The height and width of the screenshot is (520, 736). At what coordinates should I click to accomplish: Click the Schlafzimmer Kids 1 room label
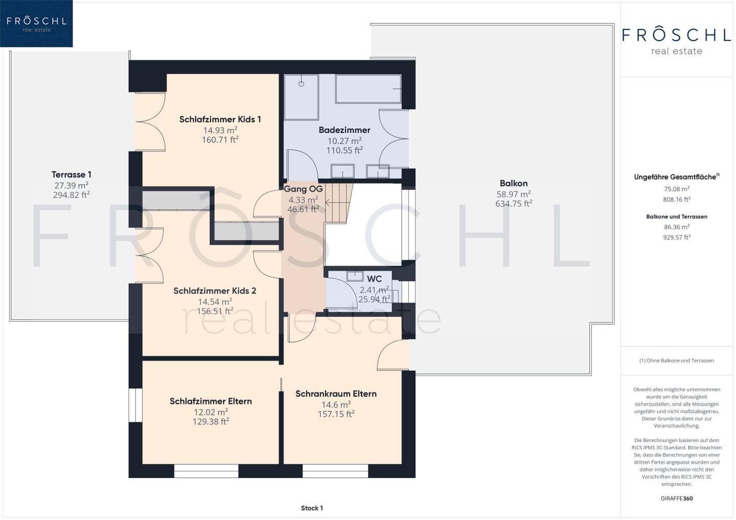pos(220,119)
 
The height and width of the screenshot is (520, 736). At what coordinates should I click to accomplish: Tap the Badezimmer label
pos(344,130)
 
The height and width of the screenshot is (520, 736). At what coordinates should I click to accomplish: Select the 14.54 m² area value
pos(215,301)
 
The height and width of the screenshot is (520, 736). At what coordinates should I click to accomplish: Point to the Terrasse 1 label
pos(72,175)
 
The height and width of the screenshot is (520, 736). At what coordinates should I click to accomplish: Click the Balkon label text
pos(514,183)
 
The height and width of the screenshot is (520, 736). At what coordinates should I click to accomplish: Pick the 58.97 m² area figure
pos(514,194)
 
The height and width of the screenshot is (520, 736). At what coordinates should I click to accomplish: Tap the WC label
pos(374,279)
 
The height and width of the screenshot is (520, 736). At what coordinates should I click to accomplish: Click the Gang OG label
pos(303,189)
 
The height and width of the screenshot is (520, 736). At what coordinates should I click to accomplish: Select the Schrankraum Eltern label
pos(336,394)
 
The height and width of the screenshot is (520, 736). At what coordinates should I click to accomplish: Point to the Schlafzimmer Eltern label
pos(211,401)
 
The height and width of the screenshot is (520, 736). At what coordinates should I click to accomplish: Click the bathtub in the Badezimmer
pos(369,89)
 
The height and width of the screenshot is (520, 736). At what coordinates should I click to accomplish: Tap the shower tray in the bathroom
pos(302,97)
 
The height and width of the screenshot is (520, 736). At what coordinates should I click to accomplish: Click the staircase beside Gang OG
pos(338,203)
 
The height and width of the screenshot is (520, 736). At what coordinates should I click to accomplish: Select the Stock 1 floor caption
pos(312,508)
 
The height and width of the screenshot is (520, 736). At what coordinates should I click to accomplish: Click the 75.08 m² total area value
pos(677,189)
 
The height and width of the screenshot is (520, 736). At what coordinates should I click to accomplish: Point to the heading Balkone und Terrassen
pos(677,217)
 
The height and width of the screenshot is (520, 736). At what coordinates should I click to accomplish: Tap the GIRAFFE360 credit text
pos(677,499)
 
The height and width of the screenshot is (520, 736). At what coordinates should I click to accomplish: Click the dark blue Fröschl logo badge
pos(36,23)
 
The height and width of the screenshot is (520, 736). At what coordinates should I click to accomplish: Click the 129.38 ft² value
pos(211,421)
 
